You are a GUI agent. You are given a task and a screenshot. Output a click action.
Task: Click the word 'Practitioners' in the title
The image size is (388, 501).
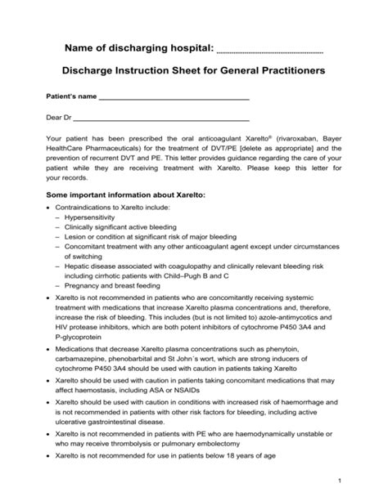coord(283,71)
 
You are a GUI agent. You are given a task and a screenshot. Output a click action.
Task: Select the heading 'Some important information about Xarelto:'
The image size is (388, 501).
coord(125,195)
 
